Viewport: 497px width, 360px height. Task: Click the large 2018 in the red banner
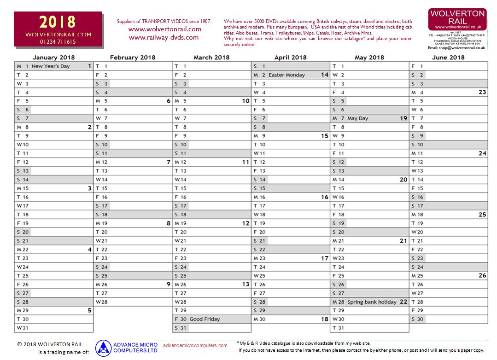pyautogui.click(x=58, y=22)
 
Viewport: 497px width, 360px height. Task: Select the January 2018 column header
pyautogui.click(x=54, y=58)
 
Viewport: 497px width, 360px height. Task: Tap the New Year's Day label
pyautogui.click(x=51, y=66)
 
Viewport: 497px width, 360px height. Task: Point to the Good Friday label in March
pyautogui.click(x=205, y=319)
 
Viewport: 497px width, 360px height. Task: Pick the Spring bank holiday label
pyautogui.click(x=372, y=302)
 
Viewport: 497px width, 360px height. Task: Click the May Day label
pyautogui.click(x=357, y=118)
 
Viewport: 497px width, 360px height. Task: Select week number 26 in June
pyautogui.click(x=482, y=276)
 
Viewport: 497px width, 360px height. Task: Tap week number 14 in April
pyautogui.click(x=324, y=75)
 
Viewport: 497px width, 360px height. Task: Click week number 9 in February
pyautogui.click(x=168, y=285)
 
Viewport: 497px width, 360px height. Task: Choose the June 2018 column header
pyautogui.click(x=448, y=58)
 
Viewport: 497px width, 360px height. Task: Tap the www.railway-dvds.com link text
pyautogui.click(x=164, y=38)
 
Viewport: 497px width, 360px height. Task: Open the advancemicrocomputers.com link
pyautogui.click(x=195, y=345)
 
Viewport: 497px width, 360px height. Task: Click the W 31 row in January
pyautogui.click(x=53, y=328)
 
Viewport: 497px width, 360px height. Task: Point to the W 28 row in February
pyautogui.click(x=133, y=302)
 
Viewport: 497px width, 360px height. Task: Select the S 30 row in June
pyautogui.click(x=449, y=319)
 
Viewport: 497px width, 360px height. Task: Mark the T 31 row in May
pyautogui.click(x=369, y=328)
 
